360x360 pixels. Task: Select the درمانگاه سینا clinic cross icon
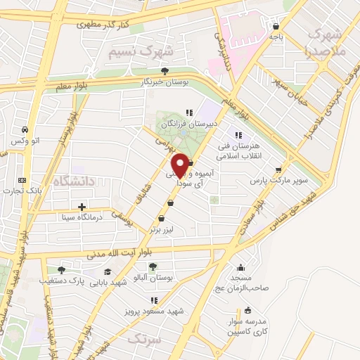[x=82, y=207]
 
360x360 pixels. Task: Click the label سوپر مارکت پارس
[x=281, y=180]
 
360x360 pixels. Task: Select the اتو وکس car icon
[x=25, y=130]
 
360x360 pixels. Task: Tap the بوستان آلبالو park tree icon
[x=153, y=266]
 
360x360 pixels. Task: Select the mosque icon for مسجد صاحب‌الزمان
[x=242, y=266]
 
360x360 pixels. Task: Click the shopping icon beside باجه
[x=275, y=27]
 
